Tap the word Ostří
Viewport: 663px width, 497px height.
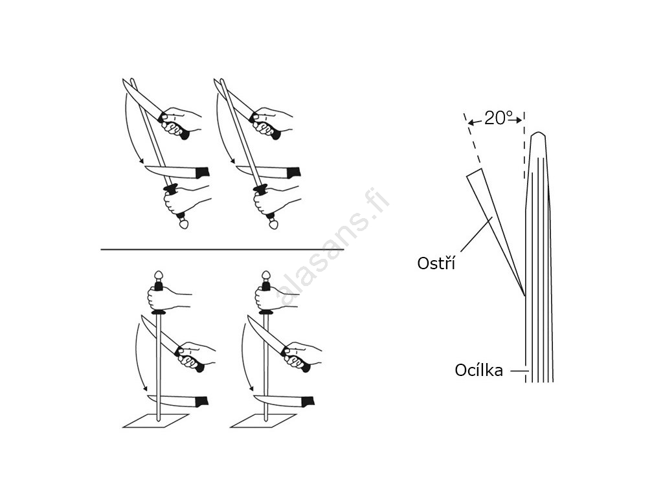point(436,263)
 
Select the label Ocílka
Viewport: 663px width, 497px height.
point(478,370)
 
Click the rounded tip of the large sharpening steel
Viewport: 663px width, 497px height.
point(538,135)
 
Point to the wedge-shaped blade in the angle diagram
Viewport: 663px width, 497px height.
point(495,224)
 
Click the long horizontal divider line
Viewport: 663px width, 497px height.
point(223,249)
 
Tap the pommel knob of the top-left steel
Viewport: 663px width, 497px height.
point(183,223)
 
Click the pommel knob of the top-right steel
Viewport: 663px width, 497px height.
point(274,223)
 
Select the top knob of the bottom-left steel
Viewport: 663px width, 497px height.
point(159,276)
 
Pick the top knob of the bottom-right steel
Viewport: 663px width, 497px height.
point(265,276)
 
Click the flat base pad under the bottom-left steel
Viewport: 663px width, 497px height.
point(155,421)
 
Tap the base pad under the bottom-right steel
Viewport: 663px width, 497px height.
point(263,421)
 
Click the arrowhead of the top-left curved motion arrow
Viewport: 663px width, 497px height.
point(142,160)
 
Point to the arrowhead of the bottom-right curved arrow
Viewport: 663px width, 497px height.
point(252,388)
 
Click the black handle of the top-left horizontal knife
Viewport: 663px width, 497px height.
point(202,172)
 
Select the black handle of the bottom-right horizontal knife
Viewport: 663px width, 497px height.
point(308,401)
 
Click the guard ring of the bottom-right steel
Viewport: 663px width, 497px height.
point(265,313)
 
